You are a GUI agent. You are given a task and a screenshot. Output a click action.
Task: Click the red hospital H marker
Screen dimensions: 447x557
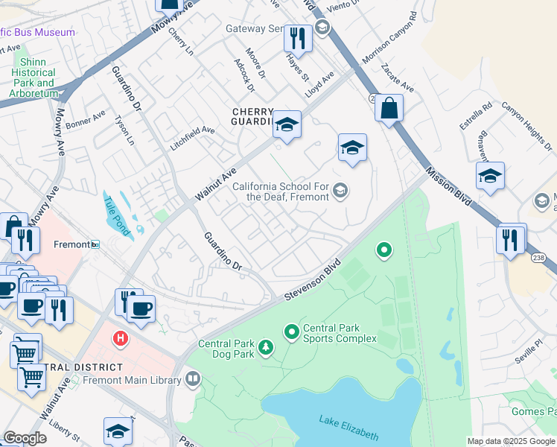coord(119,340)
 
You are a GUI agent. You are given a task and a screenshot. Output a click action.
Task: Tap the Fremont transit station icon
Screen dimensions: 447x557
coord(95,244)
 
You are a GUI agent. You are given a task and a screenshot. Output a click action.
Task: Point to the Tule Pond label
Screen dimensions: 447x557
coord(117,215)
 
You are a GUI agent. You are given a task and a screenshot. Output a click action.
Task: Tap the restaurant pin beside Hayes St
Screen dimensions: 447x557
coord(298,37)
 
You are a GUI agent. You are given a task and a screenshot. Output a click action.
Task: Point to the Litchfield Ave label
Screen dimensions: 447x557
coord(192,139)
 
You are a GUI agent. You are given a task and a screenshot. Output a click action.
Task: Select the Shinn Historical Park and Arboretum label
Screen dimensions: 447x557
coord(34,77)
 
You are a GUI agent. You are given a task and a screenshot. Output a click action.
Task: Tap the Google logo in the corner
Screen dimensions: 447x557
coord(25,438)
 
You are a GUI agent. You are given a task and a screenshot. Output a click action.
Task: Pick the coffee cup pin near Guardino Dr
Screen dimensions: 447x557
coord(141,308)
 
